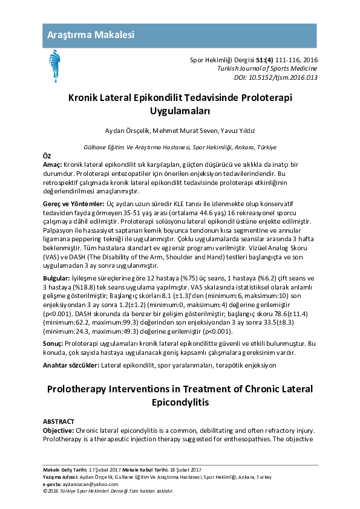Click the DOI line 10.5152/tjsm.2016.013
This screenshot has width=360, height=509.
(x=275, y=78)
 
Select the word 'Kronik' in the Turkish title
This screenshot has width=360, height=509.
(x=87, y=97)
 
